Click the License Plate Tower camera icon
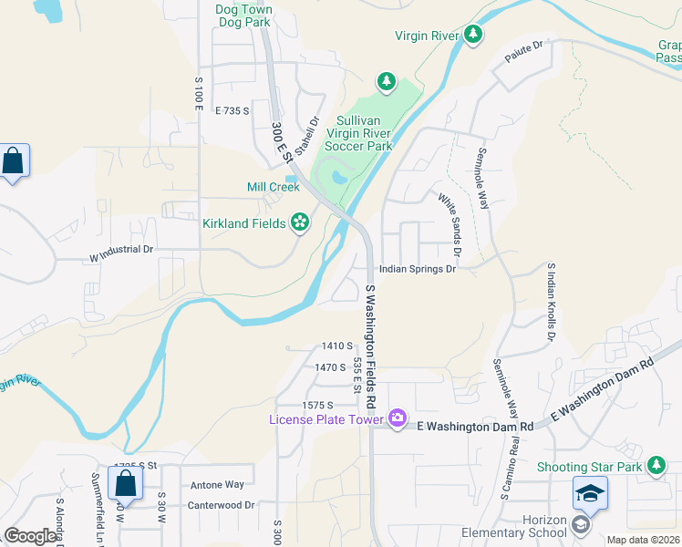397,418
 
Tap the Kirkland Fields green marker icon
299,222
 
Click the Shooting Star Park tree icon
656,467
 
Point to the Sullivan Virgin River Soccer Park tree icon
387,83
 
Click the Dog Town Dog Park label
243,15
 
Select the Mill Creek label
273,187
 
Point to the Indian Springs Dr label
417,269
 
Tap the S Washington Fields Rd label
370,346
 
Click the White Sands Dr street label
450,223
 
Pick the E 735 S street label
232,110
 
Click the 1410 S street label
336,346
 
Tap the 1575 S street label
319,404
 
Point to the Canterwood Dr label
220,504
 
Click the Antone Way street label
216,485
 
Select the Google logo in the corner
30,536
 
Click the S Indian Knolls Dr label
551,303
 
